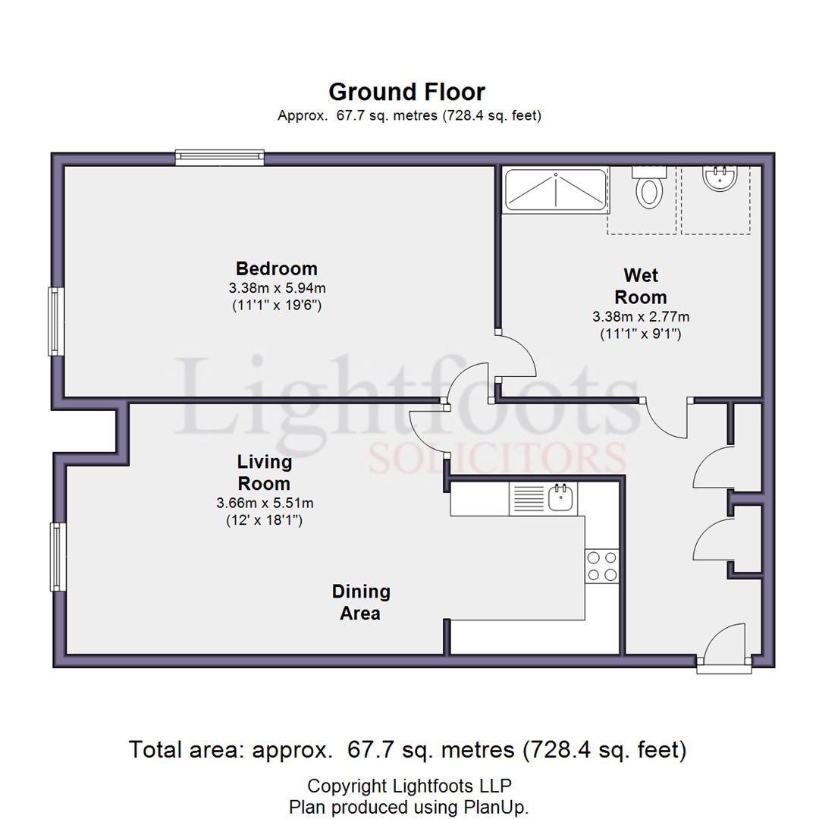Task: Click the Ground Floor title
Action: coord(407,93)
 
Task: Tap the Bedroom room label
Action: coord(277,268)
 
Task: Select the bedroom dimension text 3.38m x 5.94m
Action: coord(277,288)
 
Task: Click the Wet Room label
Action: coord(641,286)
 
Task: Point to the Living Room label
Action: coord(265,472)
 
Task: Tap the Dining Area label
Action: coord(361,602)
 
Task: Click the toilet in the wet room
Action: coord(649,188)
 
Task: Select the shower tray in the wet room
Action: coord(556,190)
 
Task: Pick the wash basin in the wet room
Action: coord(720,179)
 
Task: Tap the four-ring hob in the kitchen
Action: coord(601,566)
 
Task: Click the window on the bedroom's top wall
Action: coord(219,158)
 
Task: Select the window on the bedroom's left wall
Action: coord(56,322)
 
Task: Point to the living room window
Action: coord(58,557)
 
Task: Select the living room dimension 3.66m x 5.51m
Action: coord(265,503)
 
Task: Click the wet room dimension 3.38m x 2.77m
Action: coord(641,316)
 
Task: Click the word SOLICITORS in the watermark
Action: coord(497,457)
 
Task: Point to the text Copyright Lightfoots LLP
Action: coord(409,786)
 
